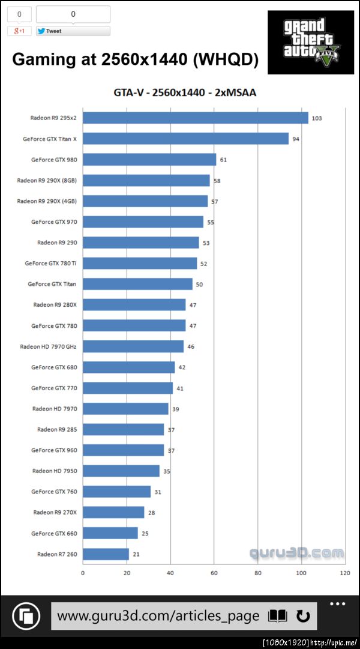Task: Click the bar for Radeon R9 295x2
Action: [x=195, y=118]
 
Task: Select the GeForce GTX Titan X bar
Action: [x=185, y=139]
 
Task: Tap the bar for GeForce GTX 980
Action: [x=149, y=160]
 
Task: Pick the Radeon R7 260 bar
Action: [x=106, y=554]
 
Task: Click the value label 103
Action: [x=317, y=118]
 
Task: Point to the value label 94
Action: [x=296, y=139]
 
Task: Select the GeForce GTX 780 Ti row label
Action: [x=50, y=263]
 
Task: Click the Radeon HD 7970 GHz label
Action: [x=48, y=346]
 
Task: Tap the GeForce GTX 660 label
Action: [x=53, y=533]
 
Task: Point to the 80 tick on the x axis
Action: [x=257, y=573]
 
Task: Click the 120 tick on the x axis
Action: [x=345, y=573]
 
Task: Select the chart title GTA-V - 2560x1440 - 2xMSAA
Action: [x=185, y=92]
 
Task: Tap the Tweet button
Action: [x=73, y=31]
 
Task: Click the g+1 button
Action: [x=19, y=31]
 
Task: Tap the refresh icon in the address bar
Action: [x=303, y=616]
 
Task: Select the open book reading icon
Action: [x=277, y=616]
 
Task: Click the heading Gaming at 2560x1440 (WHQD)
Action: [x=136, y=59]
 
